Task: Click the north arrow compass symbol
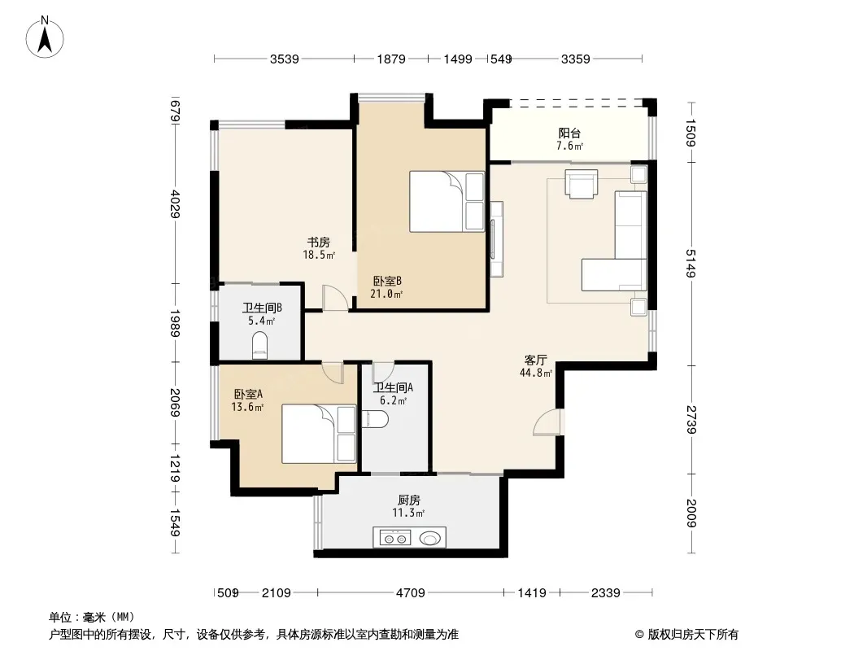coord(45,37)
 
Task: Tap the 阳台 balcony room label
coord(569,133)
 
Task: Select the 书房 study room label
coord(319,242)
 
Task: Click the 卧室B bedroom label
coord(387,281)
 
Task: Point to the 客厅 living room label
coord(535,360)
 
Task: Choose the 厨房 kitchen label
coord(409,500)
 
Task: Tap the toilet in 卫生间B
coord(259,346)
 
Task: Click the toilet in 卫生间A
coord(375,419)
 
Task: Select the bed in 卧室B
coord(447,201)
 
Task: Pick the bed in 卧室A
coord(319,434)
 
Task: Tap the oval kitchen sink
coord(431,538)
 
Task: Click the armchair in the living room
coord(582,184)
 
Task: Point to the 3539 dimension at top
coord(284,59)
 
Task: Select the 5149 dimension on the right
coord(691,264)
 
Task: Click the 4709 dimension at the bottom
coord(410,593)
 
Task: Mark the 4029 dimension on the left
coord(175,203)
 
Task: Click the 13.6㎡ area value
coord(247,407)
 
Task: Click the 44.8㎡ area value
coord(536,373)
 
